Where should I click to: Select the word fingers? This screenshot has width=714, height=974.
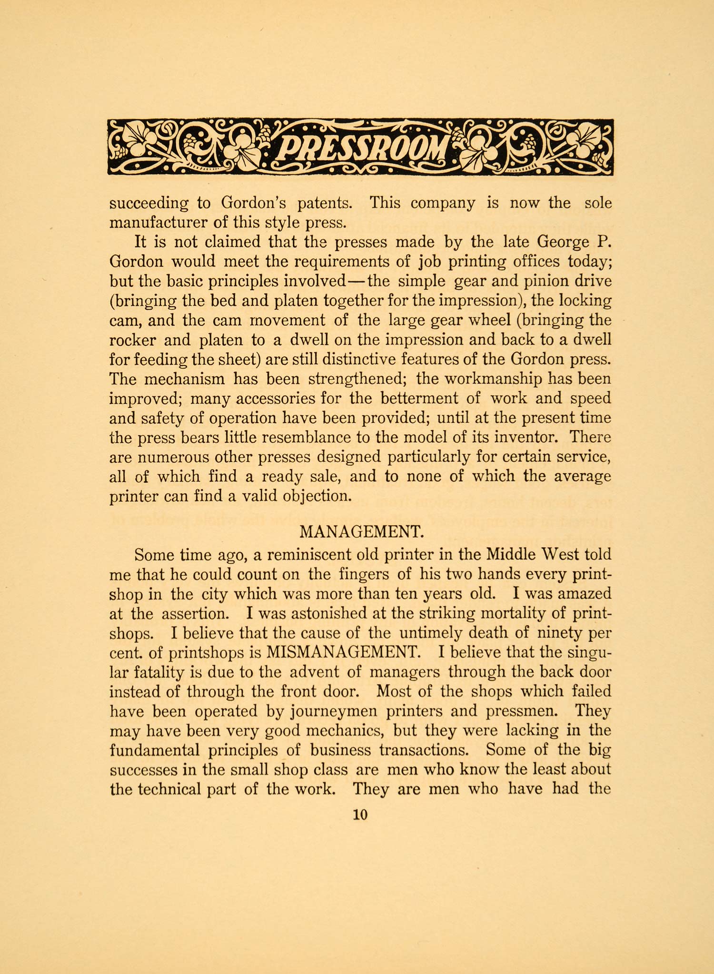pos(365,574)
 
